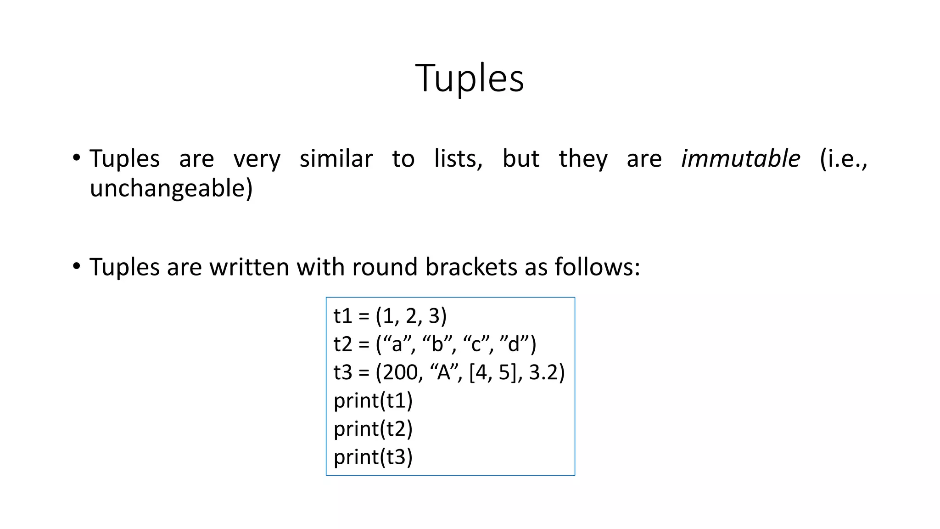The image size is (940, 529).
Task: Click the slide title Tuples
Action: pos(469,78)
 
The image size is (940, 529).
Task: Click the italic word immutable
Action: pos(740,159)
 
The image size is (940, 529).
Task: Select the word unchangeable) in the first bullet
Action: pos(171,188)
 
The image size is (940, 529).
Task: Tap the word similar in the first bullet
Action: pos(336,159)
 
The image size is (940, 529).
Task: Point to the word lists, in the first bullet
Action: pos(458,159)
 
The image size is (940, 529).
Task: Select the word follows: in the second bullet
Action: pos(597,267)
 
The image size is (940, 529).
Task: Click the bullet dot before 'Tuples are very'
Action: pos(77,158)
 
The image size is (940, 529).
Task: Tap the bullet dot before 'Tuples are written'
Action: pos(77,266)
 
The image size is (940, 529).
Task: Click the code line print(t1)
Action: pos(373,400)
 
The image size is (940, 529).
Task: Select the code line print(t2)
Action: pos(373,429)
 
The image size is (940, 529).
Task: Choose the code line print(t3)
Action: pos(373,457)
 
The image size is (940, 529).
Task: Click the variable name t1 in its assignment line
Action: pos(342,316)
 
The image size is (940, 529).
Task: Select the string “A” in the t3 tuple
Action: pos(444,372)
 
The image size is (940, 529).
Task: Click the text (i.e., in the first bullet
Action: pos(843,159)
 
